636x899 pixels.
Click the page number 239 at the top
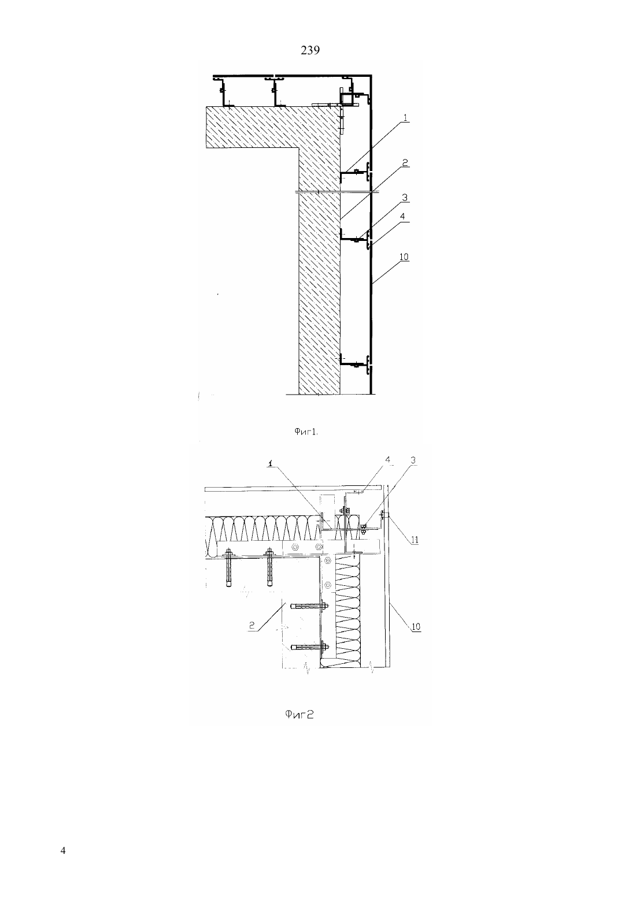pos(310,51)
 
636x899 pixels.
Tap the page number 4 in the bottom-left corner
pos(62,850)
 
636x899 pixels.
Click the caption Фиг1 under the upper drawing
pos(306,432)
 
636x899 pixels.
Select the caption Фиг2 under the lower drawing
pos(299,714)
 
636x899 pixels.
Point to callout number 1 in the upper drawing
pos(405,118)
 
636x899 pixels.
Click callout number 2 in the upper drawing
pos(405,162)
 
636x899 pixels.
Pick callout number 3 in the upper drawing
pos(405,198)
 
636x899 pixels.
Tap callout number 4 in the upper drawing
pos(403,216)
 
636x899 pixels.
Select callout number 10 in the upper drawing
pos(404,257)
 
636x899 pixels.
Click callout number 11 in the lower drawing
pos(415,540)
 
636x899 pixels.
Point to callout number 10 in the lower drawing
pos(416,626)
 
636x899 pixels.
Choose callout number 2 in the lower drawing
pos(252,625)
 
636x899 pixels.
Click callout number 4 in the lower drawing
pos(388,460)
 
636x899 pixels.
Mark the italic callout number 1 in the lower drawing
pos(271,463)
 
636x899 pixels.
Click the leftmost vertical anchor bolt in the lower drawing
pos(229,568)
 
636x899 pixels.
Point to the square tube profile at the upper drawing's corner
pos(347,98)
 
